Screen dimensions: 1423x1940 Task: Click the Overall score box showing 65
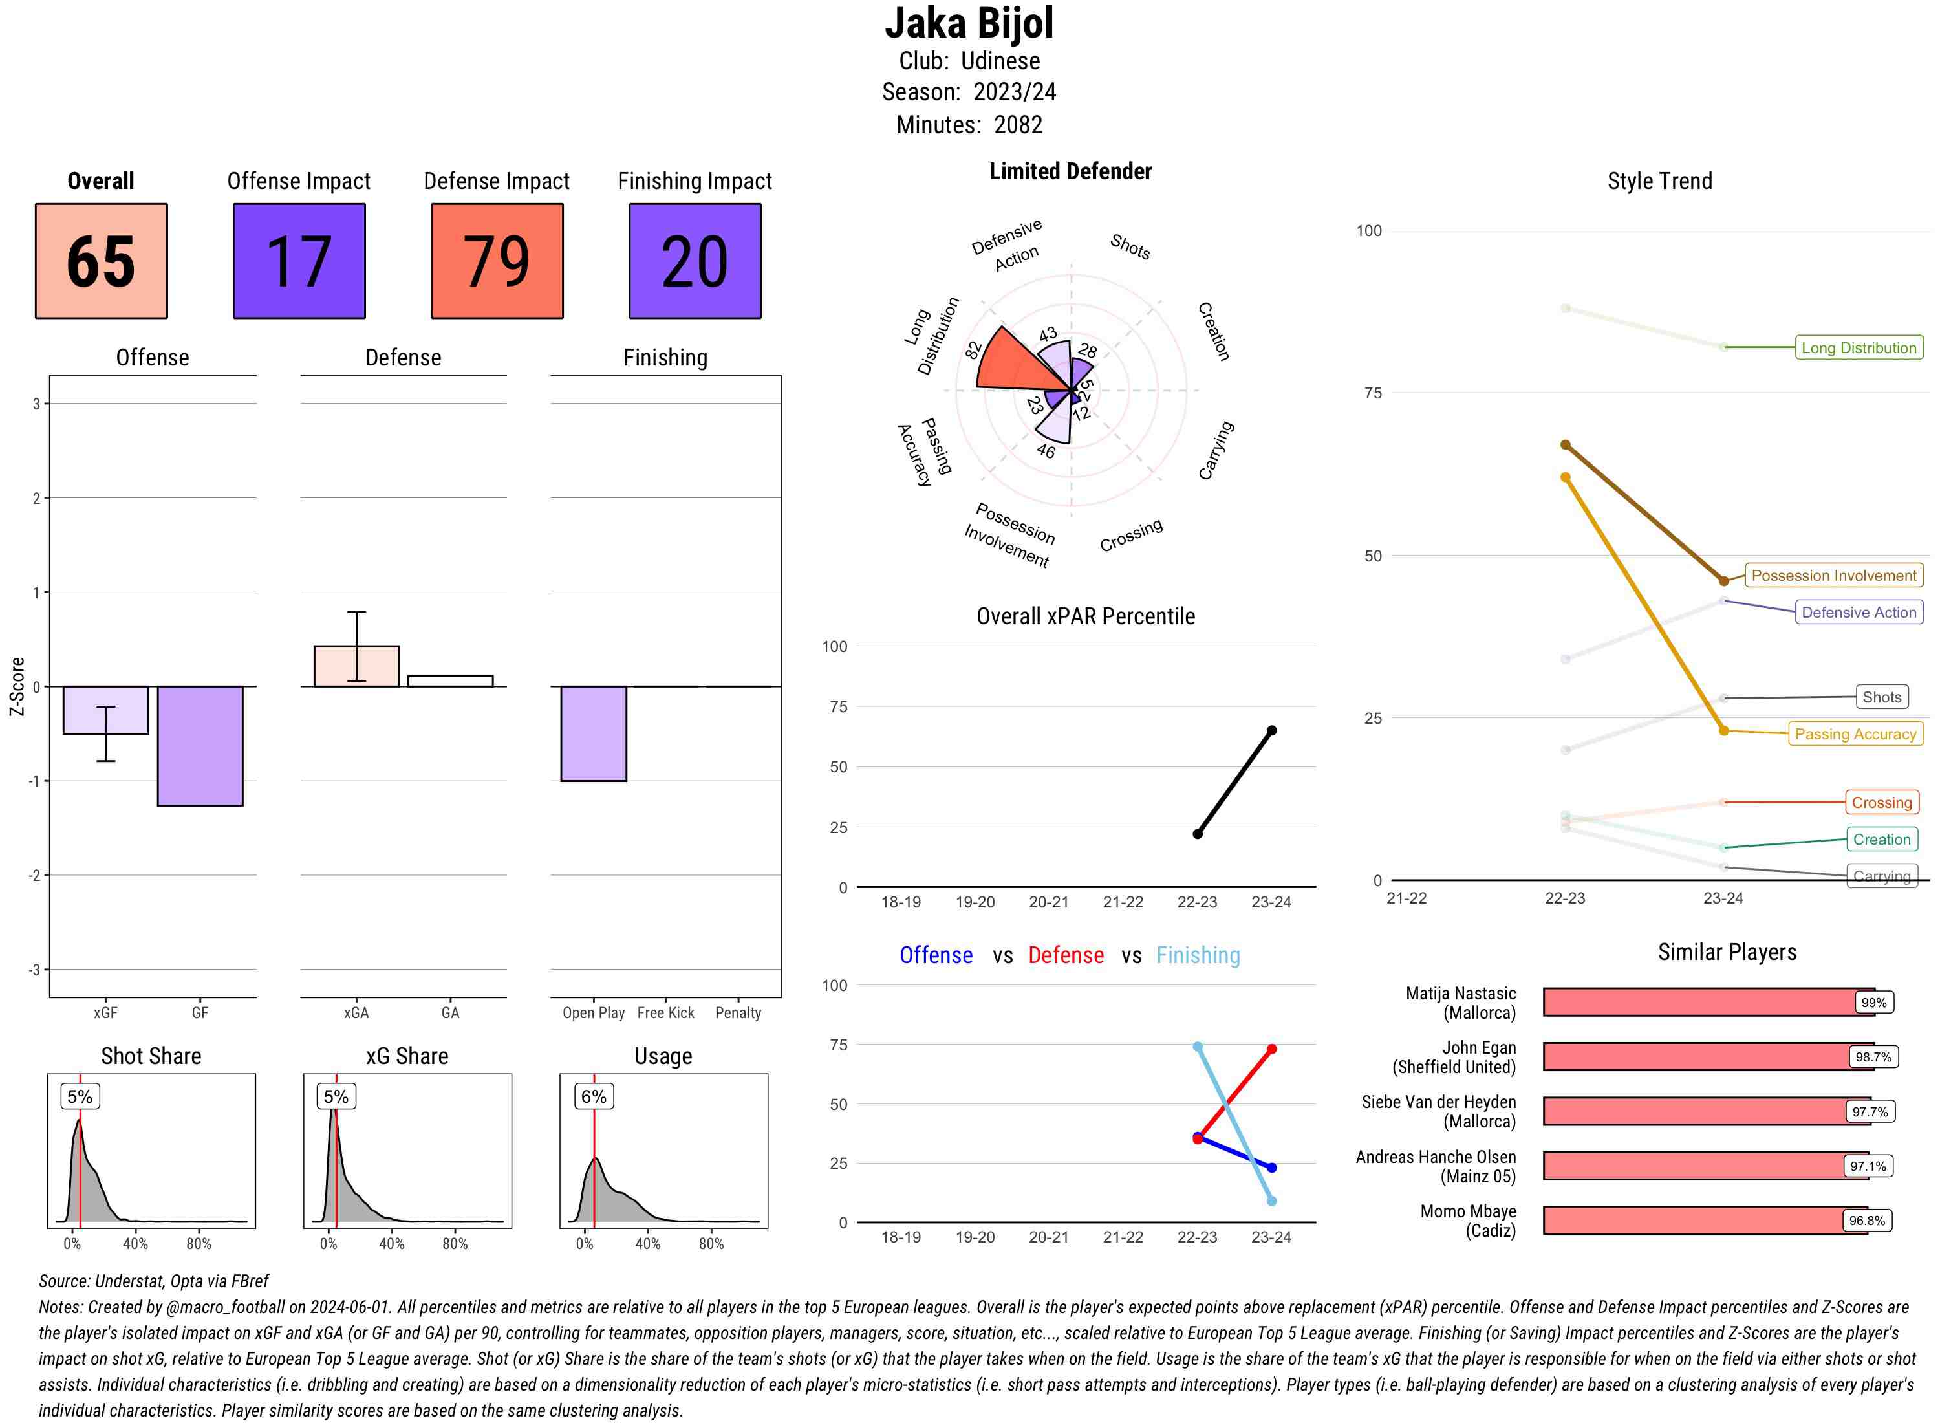pos(101,261)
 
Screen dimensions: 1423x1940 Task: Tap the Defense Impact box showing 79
pos(497,261)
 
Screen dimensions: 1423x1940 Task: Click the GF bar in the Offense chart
pos(200,746)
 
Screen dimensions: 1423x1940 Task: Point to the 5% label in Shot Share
pos(80,1096)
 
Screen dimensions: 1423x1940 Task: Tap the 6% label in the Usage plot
pos(593,1096)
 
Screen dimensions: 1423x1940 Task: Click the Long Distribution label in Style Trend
pos(1859,348)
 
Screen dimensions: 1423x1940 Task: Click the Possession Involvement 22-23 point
pos(1566,445)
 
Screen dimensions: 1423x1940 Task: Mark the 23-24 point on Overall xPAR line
pos(1271,730)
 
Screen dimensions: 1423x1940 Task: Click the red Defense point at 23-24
pos(1271,1049)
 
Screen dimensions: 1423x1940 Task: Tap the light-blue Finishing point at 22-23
pos(1197,1047)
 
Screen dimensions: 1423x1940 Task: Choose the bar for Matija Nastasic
pos(1707,1003)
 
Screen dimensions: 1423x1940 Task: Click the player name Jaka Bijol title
pos(969,23)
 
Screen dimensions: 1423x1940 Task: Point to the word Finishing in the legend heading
pos(1198,955)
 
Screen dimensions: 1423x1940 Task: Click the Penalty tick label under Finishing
pos(738,1013)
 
